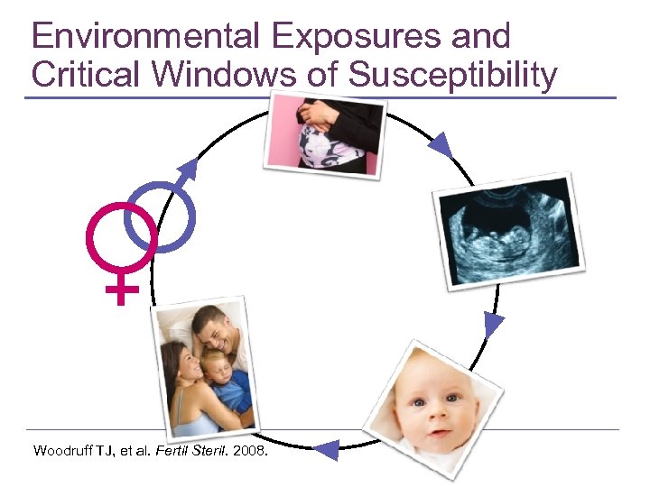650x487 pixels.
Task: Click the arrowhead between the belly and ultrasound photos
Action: [x=440, y=142]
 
